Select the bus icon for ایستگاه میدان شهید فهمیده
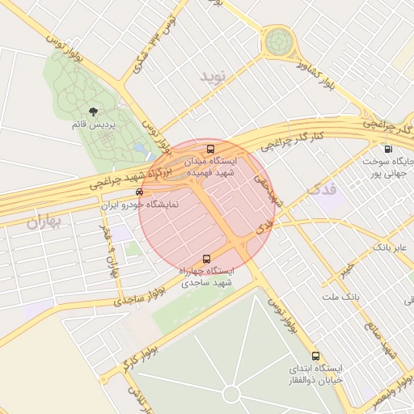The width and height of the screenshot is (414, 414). (x=210, y=150)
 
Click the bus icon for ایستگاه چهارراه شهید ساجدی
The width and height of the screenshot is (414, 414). (x=206, y=260)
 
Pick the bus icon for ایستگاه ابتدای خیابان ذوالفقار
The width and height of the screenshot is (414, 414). (x=315, y=356)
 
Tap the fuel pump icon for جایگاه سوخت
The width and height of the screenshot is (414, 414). (x=389, y=149)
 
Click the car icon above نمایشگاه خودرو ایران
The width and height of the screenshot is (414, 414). (x=139, y=192)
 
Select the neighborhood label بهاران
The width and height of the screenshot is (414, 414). (x=44, y=222)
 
